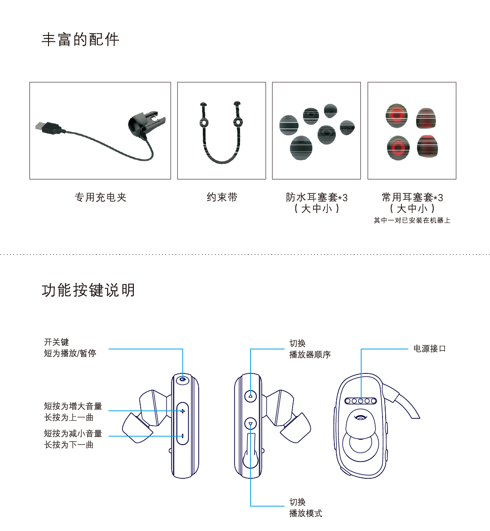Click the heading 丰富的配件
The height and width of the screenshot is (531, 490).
point(80,40)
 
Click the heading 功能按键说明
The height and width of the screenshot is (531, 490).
point(88,290)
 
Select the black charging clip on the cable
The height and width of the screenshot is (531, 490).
point(146,124)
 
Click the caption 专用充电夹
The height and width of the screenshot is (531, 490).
point(100,197)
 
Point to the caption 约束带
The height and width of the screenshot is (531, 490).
point(222,197)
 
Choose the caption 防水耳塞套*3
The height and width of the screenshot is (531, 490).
point(317,197)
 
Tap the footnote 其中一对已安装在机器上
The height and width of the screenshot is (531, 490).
point(412,220)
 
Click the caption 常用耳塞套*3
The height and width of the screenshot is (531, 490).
point(412,197)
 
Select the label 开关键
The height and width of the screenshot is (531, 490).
point(56,342)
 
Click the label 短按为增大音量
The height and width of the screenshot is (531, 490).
point(73,406)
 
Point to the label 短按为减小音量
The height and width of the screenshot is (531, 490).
point(73,433)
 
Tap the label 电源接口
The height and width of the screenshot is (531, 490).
point(430,348)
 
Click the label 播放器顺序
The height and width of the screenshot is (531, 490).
point(310,355)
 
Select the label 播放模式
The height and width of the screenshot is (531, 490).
point(306,513)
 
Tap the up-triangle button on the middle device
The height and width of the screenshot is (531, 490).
point(250,396)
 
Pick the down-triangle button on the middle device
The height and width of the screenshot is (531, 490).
point(250,424)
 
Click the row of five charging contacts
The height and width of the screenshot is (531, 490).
point(361,401)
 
